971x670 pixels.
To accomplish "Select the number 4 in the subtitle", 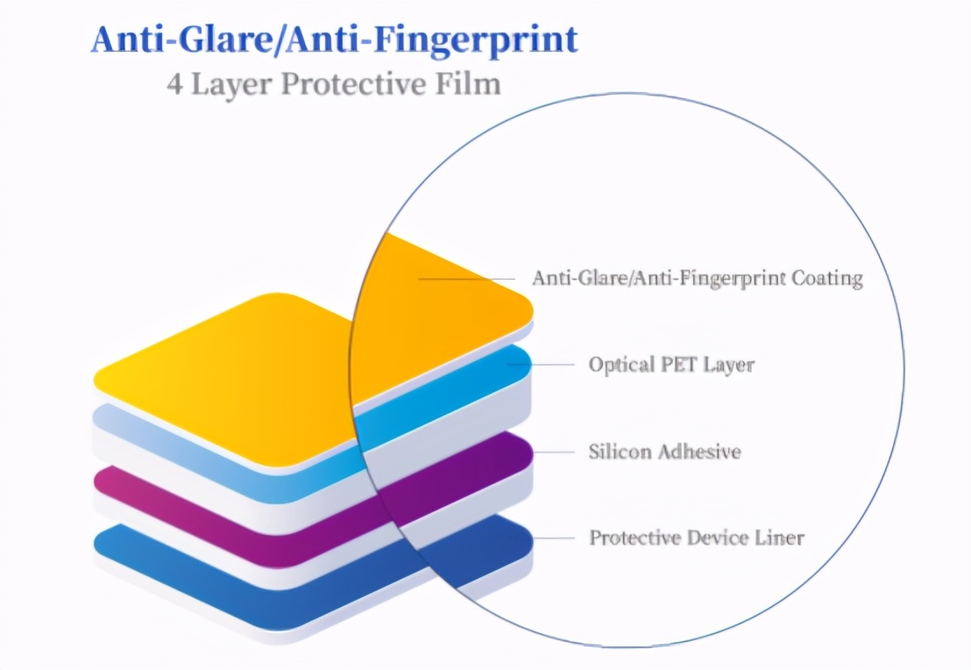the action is [174, 84].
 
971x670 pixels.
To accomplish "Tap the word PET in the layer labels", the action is [677, 364].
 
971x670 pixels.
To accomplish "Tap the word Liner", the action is [780, 538].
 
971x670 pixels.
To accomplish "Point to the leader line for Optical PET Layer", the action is [541, 365].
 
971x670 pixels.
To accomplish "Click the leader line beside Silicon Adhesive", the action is [553, 452].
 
